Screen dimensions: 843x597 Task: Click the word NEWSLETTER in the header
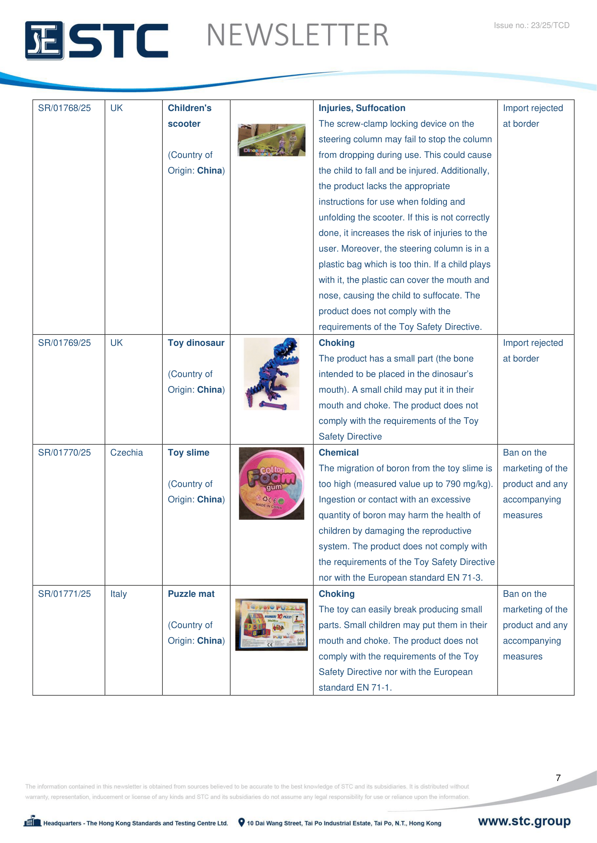(297, 35)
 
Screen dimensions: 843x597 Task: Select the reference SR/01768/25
(64, 108)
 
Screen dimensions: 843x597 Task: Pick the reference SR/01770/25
(64, 452)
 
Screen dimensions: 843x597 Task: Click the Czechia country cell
(126, 452)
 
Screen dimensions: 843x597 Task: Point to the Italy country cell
(118, 594)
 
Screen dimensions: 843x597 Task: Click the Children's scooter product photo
(271, 140)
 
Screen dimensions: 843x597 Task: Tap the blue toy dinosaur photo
(272, 373)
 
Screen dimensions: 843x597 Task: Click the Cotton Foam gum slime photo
(271, 483)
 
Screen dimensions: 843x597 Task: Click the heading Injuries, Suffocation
(362, 108)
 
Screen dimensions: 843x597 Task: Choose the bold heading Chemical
(339, 452)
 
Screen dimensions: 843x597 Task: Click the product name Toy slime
(188, 452)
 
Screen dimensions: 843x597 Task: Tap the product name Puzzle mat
(191, 594)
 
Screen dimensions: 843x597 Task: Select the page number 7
(558, 778)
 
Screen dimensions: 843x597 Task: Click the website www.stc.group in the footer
(524, 821)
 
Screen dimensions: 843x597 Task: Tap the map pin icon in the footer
(241, 822)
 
